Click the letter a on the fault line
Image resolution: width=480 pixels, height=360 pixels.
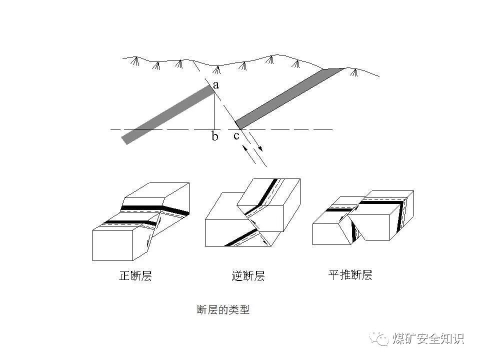tap(216, 85)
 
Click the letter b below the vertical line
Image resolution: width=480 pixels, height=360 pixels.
tap(215, 136)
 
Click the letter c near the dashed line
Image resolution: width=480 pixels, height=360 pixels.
tap(236, 135)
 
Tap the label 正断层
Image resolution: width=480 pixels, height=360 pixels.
tap(135, 276)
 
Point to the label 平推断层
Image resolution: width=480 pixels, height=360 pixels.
tap(350, 275)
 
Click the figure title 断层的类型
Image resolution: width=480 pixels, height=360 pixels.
tap(223, 310)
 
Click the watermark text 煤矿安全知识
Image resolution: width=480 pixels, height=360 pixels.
tap(428, 338)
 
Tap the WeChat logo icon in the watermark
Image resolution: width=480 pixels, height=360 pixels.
tap(381, 339)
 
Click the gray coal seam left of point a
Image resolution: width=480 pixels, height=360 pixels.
tap(167, 114)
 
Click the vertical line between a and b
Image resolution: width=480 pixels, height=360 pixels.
tap(214, 110)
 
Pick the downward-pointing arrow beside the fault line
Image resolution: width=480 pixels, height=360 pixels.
tap(256, 145)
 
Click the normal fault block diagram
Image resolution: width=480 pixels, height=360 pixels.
tap(141, 222)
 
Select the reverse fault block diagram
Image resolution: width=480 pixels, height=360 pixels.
tap(252, 212)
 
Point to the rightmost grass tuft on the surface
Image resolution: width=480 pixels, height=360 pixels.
tap(354, 73)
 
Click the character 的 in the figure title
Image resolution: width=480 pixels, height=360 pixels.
tap(223, 310)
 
